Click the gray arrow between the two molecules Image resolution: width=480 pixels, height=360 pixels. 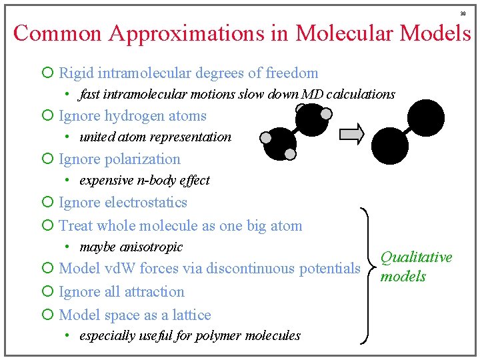coord(351,134)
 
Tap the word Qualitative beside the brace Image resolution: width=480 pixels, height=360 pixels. coord(416,257)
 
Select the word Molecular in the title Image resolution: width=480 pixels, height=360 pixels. coord(345,33)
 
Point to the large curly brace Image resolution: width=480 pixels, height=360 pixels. coord(367,276)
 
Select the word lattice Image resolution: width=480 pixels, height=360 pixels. coord(191,315)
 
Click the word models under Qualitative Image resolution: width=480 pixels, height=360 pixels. coord(403,276)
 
